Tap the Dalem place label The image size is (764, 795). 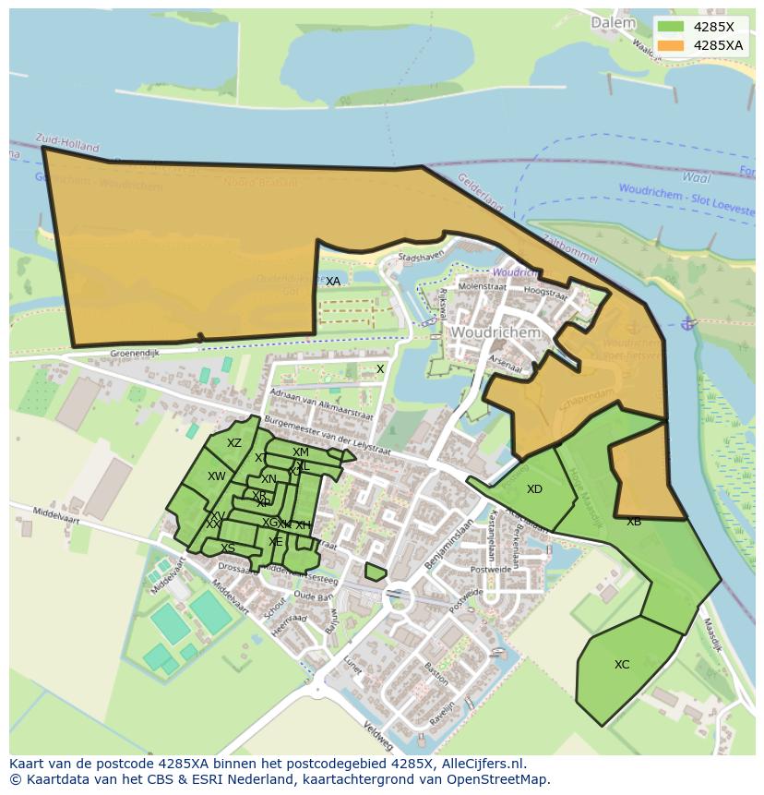coord(613,22)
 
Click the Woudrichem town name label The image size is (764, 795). coord(494,331)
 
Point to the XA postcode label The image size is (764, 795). coord(333,281)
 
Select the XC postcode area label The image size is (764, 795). coord(622,664)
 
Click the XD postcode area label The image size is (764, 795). coord(534,488)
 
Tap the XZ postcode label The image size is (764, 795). coord(234,443)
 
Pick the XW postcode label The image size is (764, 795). coord(217,476)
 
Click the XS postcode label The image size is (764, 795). coord(227,548)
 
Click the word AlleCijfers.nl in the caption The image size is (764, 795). coord(483,764)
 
